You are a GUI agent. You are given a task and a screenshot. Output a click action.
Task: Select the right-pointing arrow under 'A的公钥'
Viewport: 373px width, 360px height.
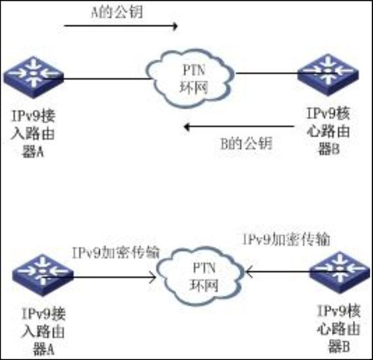(121, 25)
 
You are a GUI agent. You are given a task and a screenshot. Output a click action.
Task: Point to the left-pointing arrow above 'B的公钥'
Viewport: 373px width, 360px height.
(239, 127)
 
